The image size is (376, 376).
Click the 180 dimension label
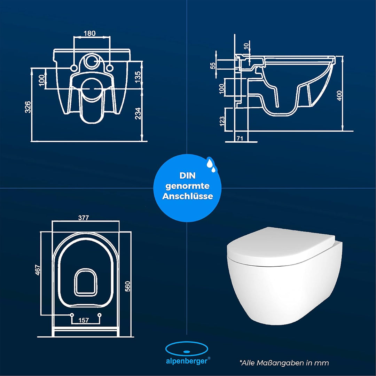[x=90, y=33]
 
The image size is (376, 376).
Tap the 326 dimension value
[x=28, y=107]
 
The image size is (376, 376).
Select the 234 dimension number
[x=138, y=113]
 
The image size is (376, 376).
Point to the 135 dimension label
[x=138, y=77]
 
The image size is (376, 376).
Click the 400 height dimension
[x=339, y=95]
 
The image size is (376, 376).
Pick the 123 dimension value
[x=222, y=121]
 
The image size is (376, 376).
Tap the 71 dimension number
[x=240, y=138]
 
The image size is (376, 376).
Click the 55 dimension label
[x=213, y=65]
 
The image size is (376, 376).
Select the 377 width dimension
[x=84, y=218]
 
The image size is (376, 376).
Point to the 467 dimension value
[x=38, y=270]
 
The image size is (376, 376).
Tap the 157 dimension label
[x=84, y=320]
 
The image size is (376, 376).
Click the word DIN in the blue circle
[x=187, y=175]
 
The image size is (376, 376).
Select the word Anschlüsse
[x=188, y=196]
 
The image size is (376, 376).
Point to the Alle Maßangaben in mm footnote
[x=284, y=363]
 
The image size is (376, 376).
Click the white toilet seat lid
[x=281, y=247]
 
